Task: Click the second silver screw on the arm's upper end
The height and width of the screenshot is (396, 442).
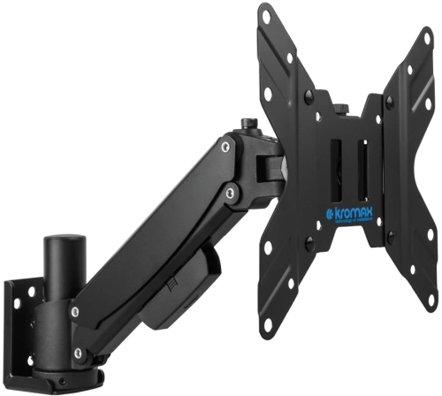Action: coord(231,192)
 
